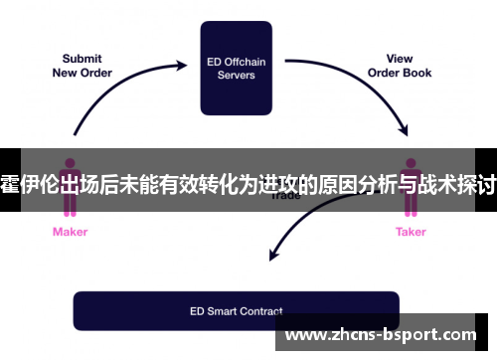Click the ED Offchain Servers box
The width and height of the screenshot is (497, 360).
[x=237, y=67]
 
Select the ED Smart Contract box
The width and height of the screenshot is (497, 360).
[x=237, y=311]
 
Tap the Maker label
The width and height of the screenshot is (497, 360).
[x=70, y=232]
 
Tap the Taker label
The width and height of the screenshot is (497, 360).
[x=411, y=232]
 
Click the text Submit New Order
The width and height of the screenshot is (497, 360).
[x=82, y=66]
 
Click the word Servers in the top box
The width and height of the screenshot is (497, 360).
[x=237, y=75]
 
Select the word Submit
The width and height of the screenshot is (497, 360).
[x=82, y=58]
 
